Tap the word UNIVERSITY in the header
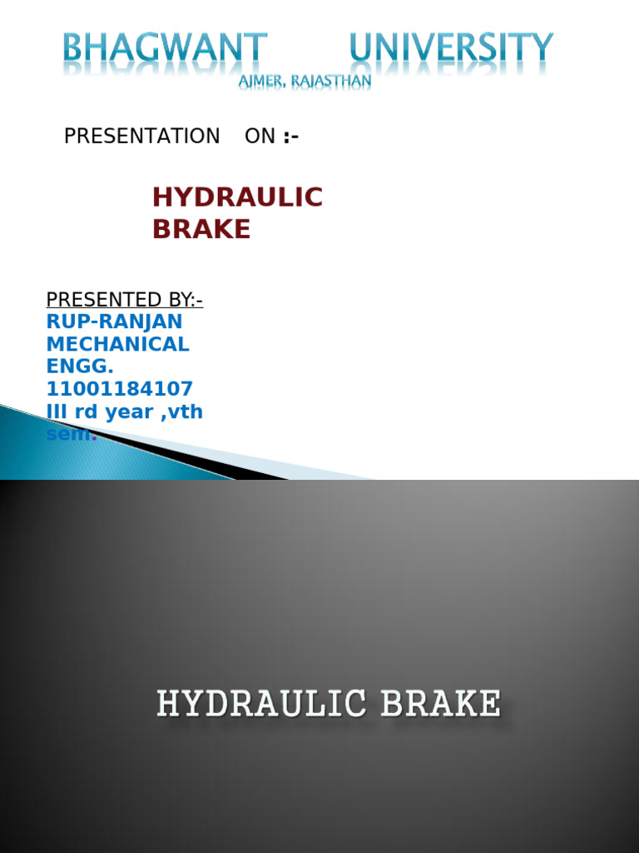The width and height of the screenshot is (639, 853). point(451,48)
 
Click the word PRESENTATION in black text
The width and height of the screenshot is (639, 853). point(141,137)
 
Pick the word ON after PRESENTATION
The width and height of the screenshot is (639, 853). point(260,137)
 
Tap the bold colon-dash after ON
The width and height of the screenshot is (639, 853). point(290,137)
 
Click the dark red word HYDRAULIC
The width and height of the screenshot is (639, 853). point(237,198)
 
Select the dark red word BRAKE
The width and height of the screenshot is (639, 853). point(201,230)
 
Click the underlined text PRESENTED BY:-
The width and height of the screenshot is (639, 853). point(124,300)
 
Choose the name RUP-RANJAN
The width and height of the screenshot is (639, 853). point(114,322)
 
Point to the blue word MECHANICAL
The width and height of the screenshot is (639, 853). point(117,344)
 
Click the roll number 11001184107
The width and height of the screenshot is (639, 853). point(119,389)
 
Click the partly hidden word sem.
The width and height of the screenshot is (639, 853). point(71,434)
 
